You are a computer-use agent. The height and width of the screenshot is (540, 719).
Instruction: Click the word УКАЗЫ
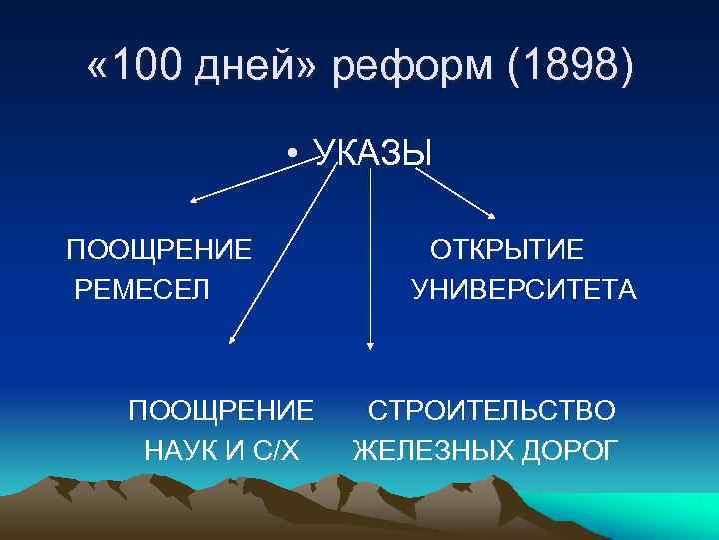(x=372, y=153)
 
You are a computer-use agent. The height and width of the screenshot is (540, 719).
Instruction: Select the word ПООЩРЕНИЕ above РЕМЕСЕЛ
(x=159, y=249)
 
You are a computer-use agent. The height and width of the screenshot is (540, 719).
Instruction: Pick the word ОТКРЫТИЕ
(x=507, y=249)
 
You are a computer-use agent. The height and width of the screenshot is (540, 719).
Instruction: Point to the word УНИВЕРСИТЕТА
(x=523, y=290)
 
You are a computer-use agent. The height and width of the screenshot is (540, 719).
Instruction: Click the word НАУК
(x=184, y=451)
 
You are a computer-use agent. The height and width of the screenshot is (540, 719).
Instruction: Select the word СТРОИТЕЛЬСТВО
(x=492, y=410)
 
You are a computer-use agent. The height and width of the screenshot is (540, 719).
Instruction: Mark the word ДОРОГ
(x=567, y=451)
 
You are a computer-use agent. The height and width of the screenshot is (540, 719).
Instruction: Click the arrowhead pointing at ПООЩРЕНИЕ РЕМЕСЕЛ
(x=196, y=200)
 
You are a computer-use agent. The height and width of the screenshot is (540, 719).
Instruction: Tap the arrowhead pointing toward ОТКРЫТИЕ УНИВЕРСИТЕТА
(x=492, y=212)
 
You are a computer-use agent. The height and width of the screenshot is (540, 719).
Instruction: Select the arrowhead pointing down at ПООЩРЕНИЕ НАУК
(x=233, y=340)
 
